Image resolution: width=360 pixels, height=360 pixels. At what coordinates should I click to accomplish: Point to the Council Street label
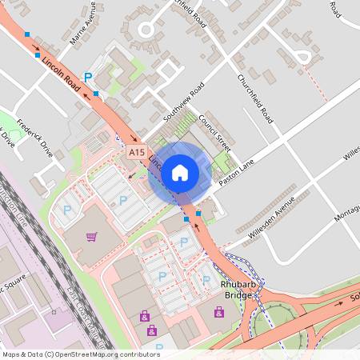[214, 132]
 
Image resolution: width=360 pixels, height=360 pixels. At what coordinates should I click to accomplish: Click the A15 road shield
[136, 151]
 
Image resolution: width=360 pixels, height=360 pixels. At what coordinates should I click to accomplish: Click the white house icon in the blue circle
[180, 172]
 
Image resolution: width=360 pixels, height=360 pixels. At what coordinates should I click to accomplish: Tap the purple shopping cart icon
[91, 236]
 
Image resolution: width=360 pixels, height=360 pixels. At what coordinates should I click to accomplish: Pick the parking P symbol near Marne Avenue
[89, 77]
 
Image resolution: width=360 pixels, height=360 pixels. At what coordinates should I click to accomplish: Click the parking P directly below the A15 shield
[122, 199]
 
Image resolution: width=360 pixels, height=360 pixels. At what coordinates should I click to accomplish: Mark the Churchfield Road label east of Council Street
[257, 98]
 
